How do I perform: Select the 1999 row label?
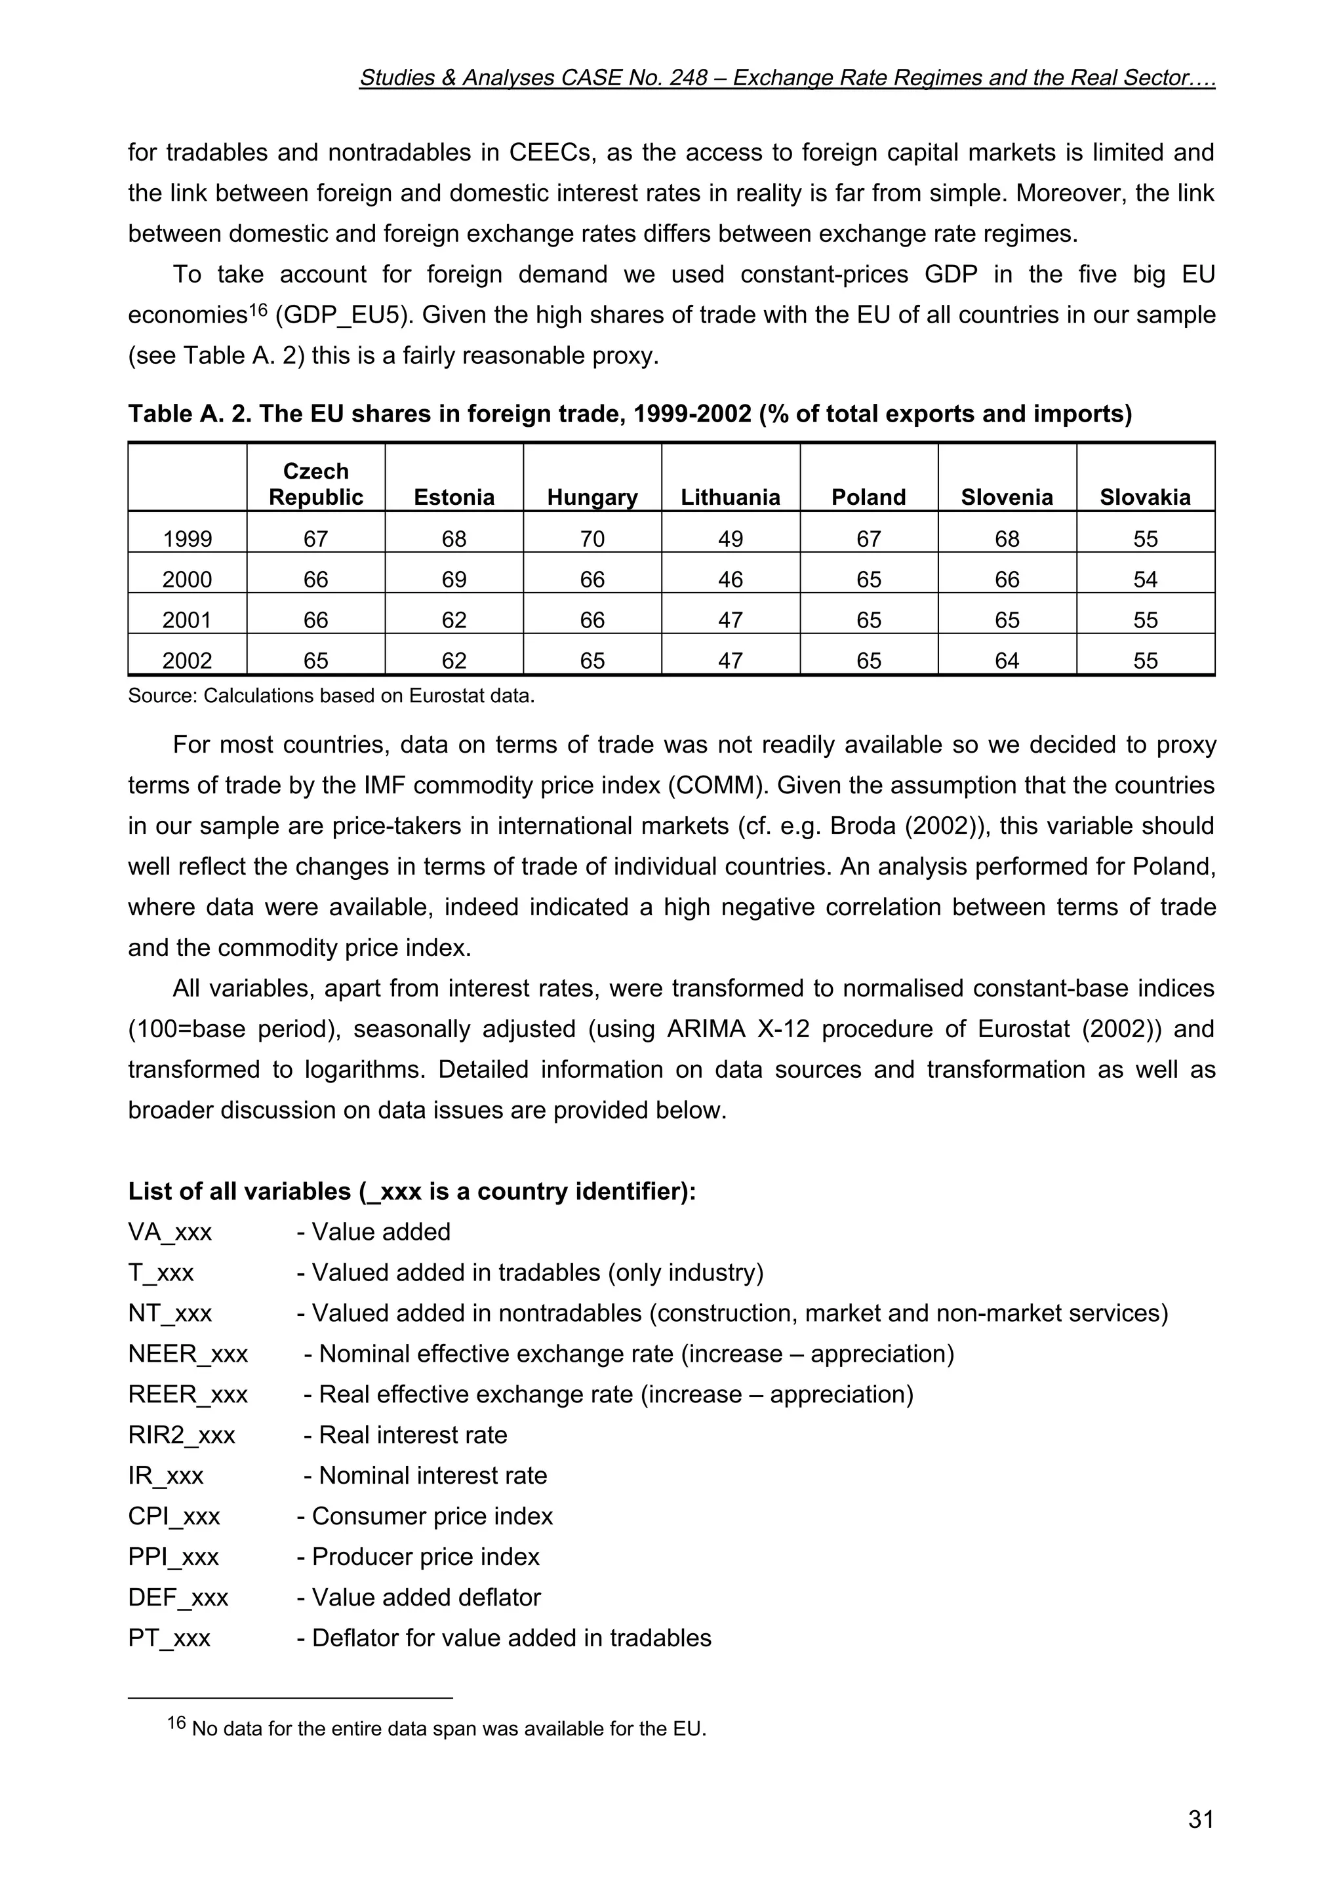point(187,539)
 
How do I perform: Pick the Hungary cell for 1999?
point(591,539)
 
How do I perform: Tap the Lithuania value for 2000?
point(730,580)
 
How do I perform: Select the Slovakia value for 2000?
point(1144,580)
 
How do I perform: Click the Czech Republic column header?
point(315,484)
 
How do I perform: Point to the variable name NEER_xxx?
point(188,1354)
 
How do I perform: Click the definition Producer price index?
point(426,1556)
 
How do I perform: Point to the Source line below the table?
point(331,695)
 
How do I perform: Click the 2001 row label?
point(187,620)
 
